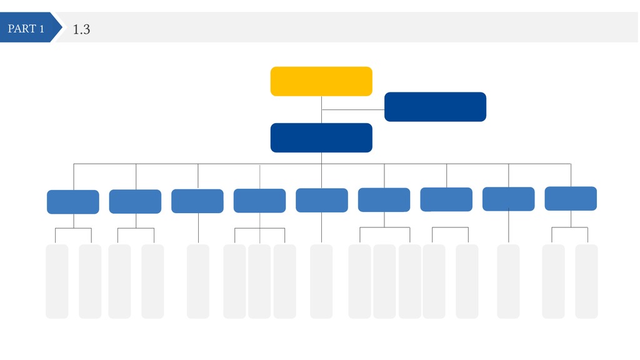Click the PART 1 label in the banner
coord(26,29)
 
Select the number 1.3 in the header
coord(81,29)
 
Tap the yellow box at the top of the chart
coord(321,81)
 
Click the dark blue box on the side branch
coord(435,106)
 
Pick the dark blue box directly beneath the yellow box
coord(321,137)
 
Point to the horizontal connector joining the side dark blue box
coord(353,110)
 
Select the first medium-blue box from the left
coord(73,202)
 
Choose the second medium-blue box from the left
coord(135,201)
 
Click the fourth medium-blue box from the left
coord(259,201)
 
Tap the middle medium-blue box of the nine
coord(322,200)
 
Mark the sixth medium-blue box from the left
coord(384,199)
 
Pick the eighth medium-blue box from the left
coord(509,199)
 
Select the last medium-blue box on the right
coord(571,198)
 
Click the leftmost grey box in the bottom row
coord(57,281)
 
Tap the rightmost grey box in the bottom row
coord(586,281)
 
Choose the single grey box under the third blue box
coord(198,281)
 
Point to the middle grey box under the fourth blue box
coord(259,281)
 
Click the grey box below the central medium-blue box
coord(321,281)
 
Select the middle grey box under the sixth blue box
coord(384,281)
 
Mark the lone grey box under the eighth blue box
coord(508,281)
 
